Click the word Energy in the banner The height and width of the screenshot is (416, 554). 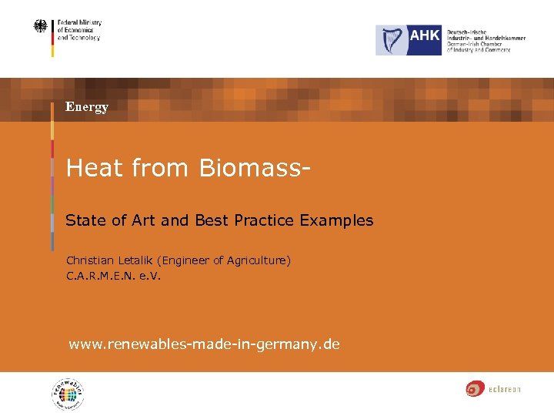pyautogui.click(x=87, y=107)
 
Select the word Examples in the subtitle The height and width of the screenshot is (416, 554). pyautogui.click(x=336, y=220)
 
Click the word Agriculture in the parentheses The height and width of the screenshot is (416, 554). pyautogui.click(x=250, y=261)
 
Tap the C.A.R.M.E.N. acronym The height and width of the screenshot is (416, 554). pyautogui.click(x=101, y=275)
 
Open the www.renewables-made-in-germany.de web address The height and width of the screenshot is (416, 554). pyautogui.click(x=204, y=344)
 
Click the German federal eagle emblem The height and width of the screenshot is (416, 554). pyautogui.click(x=39, y=27)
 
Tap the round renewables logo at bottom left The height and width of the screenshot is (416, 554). pyautogui.click(x=68, y=394)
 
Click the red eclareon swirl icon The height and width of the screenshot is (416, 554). pyautogui.click(x=475, y=389)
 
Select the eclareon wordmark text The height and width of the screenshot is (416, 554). pyautogui.click(x=505, y=390)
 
